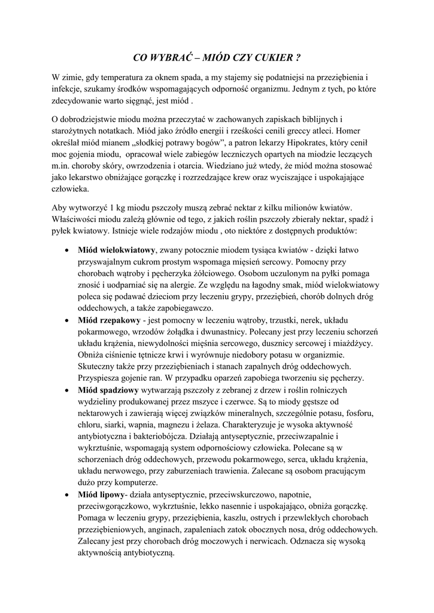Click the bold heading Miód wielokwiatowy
click(x=117, y=249)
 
